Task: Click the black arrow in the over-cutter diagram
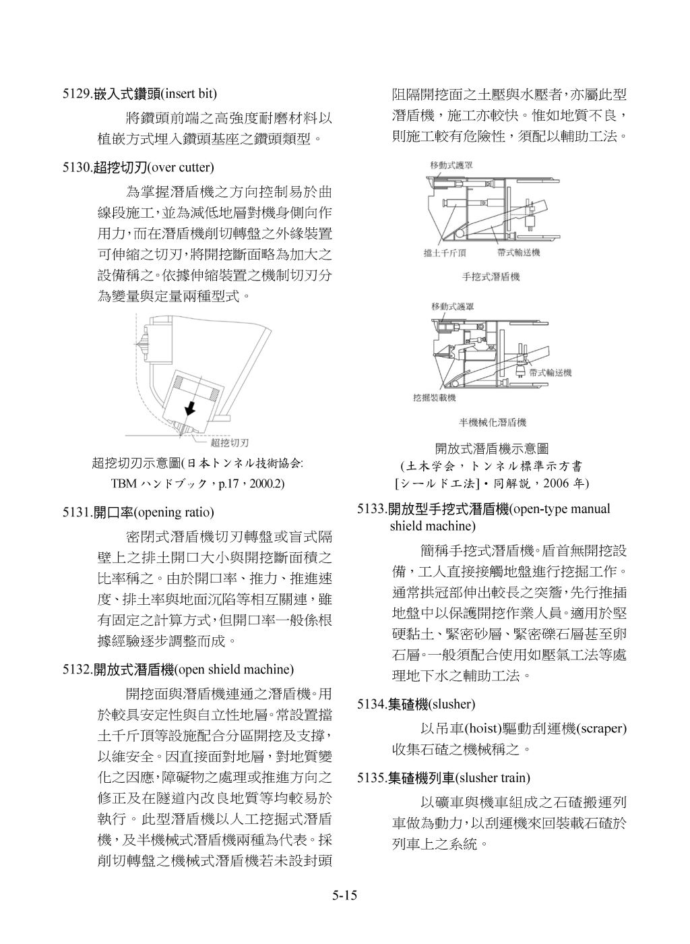191,407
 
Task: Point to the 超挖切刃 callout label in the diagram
229,443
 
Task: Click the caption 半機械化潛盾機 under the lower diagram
492,423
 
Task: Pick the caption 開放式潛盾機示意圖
491,448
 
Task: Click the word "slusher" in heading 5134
453,705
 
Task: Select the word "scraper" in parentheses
602,728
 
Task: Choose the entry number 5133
371,508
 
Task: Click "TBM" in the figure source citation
123,483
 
